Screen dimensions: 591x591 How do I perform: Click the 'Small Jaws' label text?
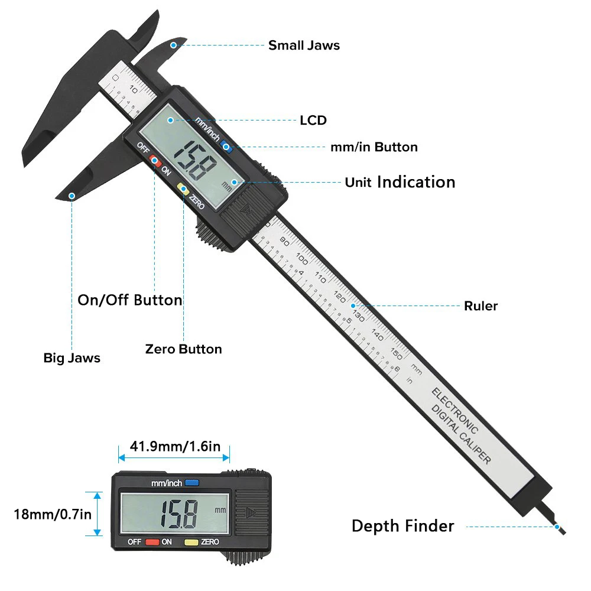coord(304,46)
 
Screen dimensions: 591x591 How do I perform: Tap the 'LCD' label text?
coord(313,121)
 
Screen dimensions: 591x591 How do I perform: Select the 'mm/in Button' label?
coord(374,147)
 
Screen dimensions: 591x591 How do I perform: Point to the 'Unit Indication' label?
coord(400,182)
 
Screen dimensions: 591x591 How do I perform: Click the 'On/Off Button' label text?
coord(130,300)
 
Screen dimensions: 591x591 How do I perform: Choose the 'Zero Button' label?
coord(183,349)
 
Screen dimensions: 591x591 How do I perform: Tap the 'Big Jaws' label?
coord(72,358)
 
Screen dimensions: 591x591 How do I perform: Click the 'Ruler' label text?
coord(480,306)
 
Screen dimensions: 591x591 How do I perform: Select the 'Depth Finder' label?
coord(402,526)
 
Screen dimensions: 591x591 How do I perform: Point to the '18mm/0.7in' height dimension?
coord(53,514)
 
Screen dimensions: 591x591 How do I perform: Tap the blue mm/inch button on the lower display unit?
coord(191,482)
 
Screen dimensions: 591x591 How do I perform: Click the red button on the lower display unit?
coord(152,541)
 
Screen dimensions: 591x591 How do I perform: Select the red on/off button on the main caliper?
coord(155,160)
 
